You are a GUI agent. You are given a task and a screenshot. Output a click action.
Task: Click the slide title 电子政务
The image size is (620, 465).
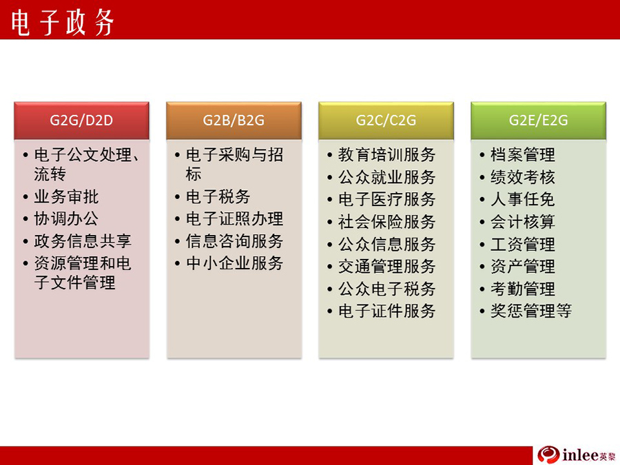[63, 22]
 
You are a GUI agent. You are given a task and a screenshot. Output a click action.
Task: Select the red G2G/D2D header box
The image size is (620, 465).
[81, 121]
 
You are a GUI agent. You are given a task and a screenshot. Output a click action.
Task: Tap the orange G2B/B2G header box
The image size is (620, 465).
[234, 121]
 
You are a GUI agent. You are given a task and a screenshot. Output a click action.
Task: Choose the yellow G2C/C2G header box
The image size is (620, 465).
[386, 121]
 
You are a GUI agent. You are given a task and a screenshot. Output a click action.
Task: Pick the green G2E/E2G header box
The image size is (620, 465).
[538, 121]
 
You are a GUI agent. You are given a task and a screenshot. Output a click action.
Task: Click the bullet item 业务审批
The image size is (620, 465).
[66, 196]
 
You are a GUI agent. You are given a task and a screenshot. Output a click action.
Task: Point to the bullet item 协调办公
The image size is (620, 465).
[66, 218]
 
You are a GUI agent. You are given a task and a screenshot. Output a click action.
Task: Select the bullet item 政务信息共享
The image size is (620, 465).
[83, 241]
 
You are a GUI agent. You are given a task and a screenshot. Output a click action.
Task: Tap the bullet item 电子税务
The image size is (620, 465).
[218, 196]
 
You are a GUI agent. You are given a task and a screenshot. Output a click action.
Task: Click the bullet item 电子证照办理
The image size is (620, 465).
[234, 218]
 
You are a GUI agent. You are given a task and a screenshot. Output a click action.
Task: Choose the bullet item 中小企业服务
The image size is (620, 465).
[234, 263]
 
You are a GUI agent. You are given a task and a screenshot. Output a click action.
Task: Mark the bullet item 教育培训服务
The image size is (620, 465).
[386, 154]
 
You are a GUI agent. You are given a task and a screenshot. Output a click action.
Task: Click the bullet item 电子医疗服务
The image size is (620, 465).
[386, 199]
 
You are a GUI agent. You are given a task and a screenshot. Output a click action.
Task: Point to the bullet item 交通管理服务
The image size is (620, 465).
[386, 266]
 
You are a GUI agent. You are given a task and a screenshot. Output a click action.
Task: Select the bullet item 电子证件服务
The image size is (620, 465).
[386, 311]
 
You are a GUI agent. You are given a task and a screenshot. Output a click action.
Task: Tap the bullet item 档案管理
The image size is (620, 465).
[523, 154]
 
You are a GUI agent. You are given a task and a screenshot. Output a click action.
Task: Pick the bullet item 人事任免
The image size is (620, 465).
[523, 199]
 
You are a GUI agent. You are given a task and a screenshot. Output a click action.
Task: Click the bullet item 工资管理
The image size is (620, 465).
[523, 244]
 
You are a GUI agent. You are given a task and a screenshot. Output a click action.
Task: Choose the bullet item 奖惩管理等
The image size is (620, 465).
[531, 311]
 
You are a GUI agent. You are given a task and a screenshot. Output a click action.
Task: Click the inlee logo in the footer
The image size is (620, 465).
[577, 455]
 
